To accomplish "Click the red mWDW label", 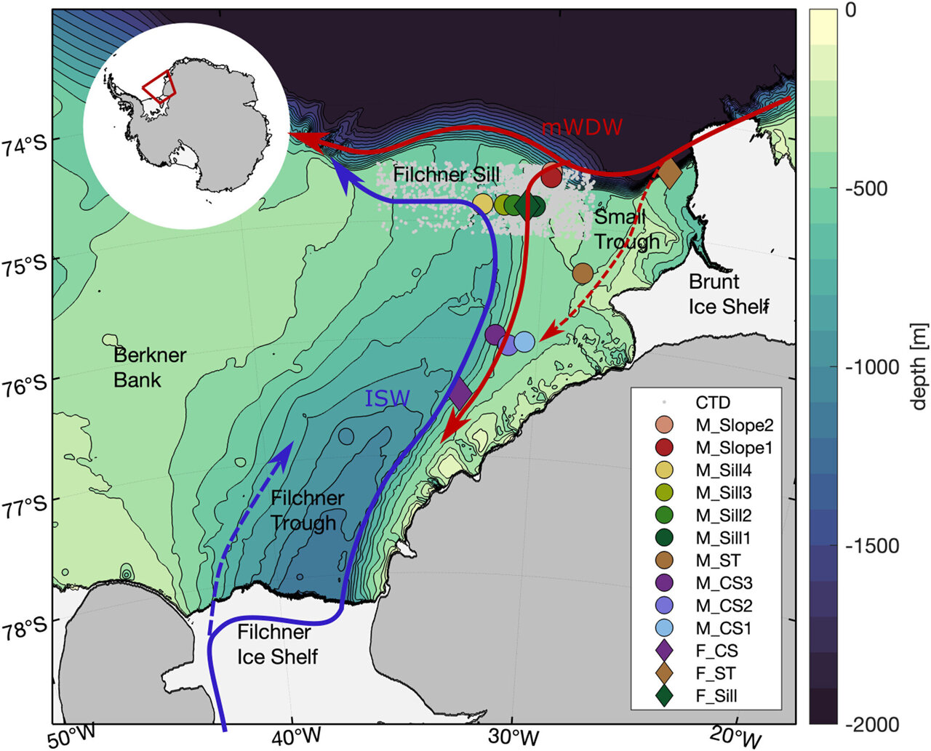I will pyautogui.click(x=582, y=127).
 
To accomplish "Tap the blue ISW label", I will pyautogui.click(x=387, y=398).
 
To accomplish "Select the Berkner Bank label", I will pyautogui.click(x=150, y=367).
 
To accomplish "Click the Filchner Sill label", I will pyautogui.click(x=446, y=174).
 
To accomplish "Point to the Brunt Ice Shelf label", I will pyautogui.click(x=728, y=294).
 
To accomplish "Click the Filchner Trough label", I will pyautogui.click(x=307, y=510).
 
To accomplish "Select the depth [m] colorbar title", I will pyautogui.click(x=919, y=367).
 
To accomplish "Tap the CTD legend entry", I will pyautogui.click(x=712, y=403).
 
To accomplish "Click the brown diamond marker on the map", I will pyautogui.click(x=669, y=173).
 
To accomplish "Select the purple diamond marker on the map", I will pyautogui.click(x=460, y=393).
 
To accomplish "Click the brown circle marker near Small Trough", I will pyautogui.click(x=583, y=273).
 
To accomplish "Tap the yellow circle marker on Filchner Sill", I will pyautogui.click(x=483, y=204).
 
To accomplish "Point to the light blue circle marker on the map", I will pyautogui.click(x=524, y=342).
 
